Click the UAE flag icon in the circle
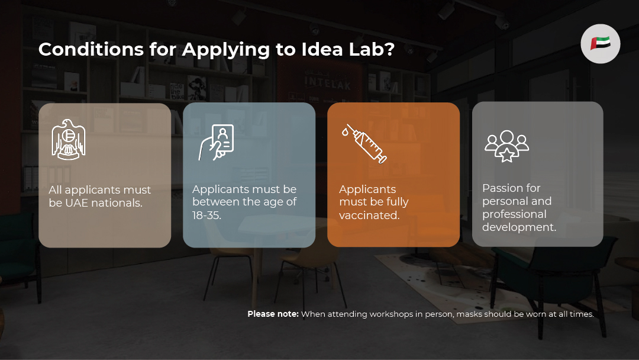click(601, 43)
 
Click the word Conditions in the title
click(91, 49)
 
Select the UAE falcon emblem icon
click(69, 139)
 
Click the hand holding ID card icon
click(217, 142)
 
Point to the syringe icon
click(364, 143)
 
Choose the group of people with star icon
click(506, 147)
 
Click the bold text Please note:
click(273, 314)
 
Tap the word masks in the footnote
click(469, 314)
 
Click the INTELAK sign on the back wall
click(328, 83)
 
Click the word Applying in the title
click(226, 49)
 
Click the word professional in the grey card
click(514, 214)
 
